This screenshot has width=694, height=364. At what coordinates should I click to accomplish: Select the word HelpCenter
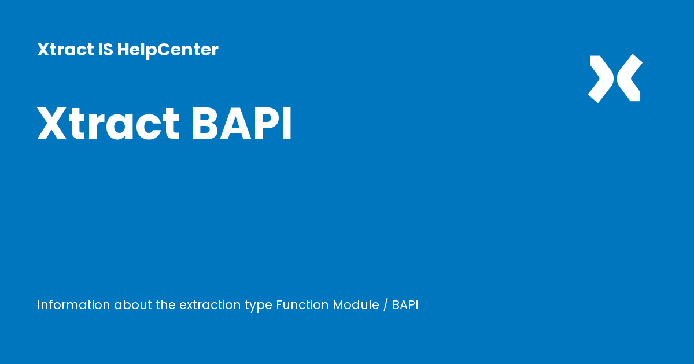coord(168,50)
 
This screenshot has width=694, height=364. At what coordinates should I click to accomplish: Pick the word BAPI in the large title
coord(241,124)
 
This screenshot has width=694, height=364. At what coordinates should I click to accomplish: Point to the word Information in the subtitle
coord(73,305)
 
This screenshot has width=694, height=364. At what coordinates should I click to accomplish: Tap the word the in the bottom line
coord(165,305)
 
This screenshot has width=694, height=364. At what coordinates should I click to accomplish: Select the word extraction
coord(212,305)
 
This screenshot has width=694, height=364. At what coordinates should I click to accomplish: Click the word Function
coord(302,305)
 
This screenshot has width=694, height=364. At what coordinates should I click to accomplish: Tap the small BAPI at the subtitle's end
coord(405,305)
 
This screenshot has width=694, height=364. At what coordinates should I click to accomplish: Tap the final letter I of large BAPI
coord(287,124)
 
